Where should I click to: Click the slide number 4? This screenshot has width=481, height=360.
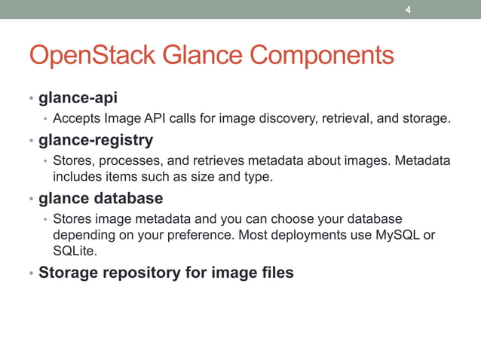coord(408,10)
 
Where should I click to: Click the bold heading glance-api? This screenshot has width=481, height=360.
coord(78,99)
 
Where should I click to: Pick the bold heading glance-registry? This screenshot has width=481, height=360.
coord(96,139)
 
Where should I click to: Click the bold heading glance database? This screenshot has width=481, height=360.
coord(100,198)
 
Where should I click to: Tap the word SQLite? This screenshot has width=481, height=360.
coord(75,251)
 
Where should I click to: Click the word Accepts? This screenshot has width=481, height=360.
coord(77,118)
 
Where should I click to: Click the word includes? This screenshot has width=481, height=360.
coord(78,176)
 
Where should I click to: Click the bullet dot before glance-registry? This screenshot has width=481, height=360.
coord(31,141)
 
